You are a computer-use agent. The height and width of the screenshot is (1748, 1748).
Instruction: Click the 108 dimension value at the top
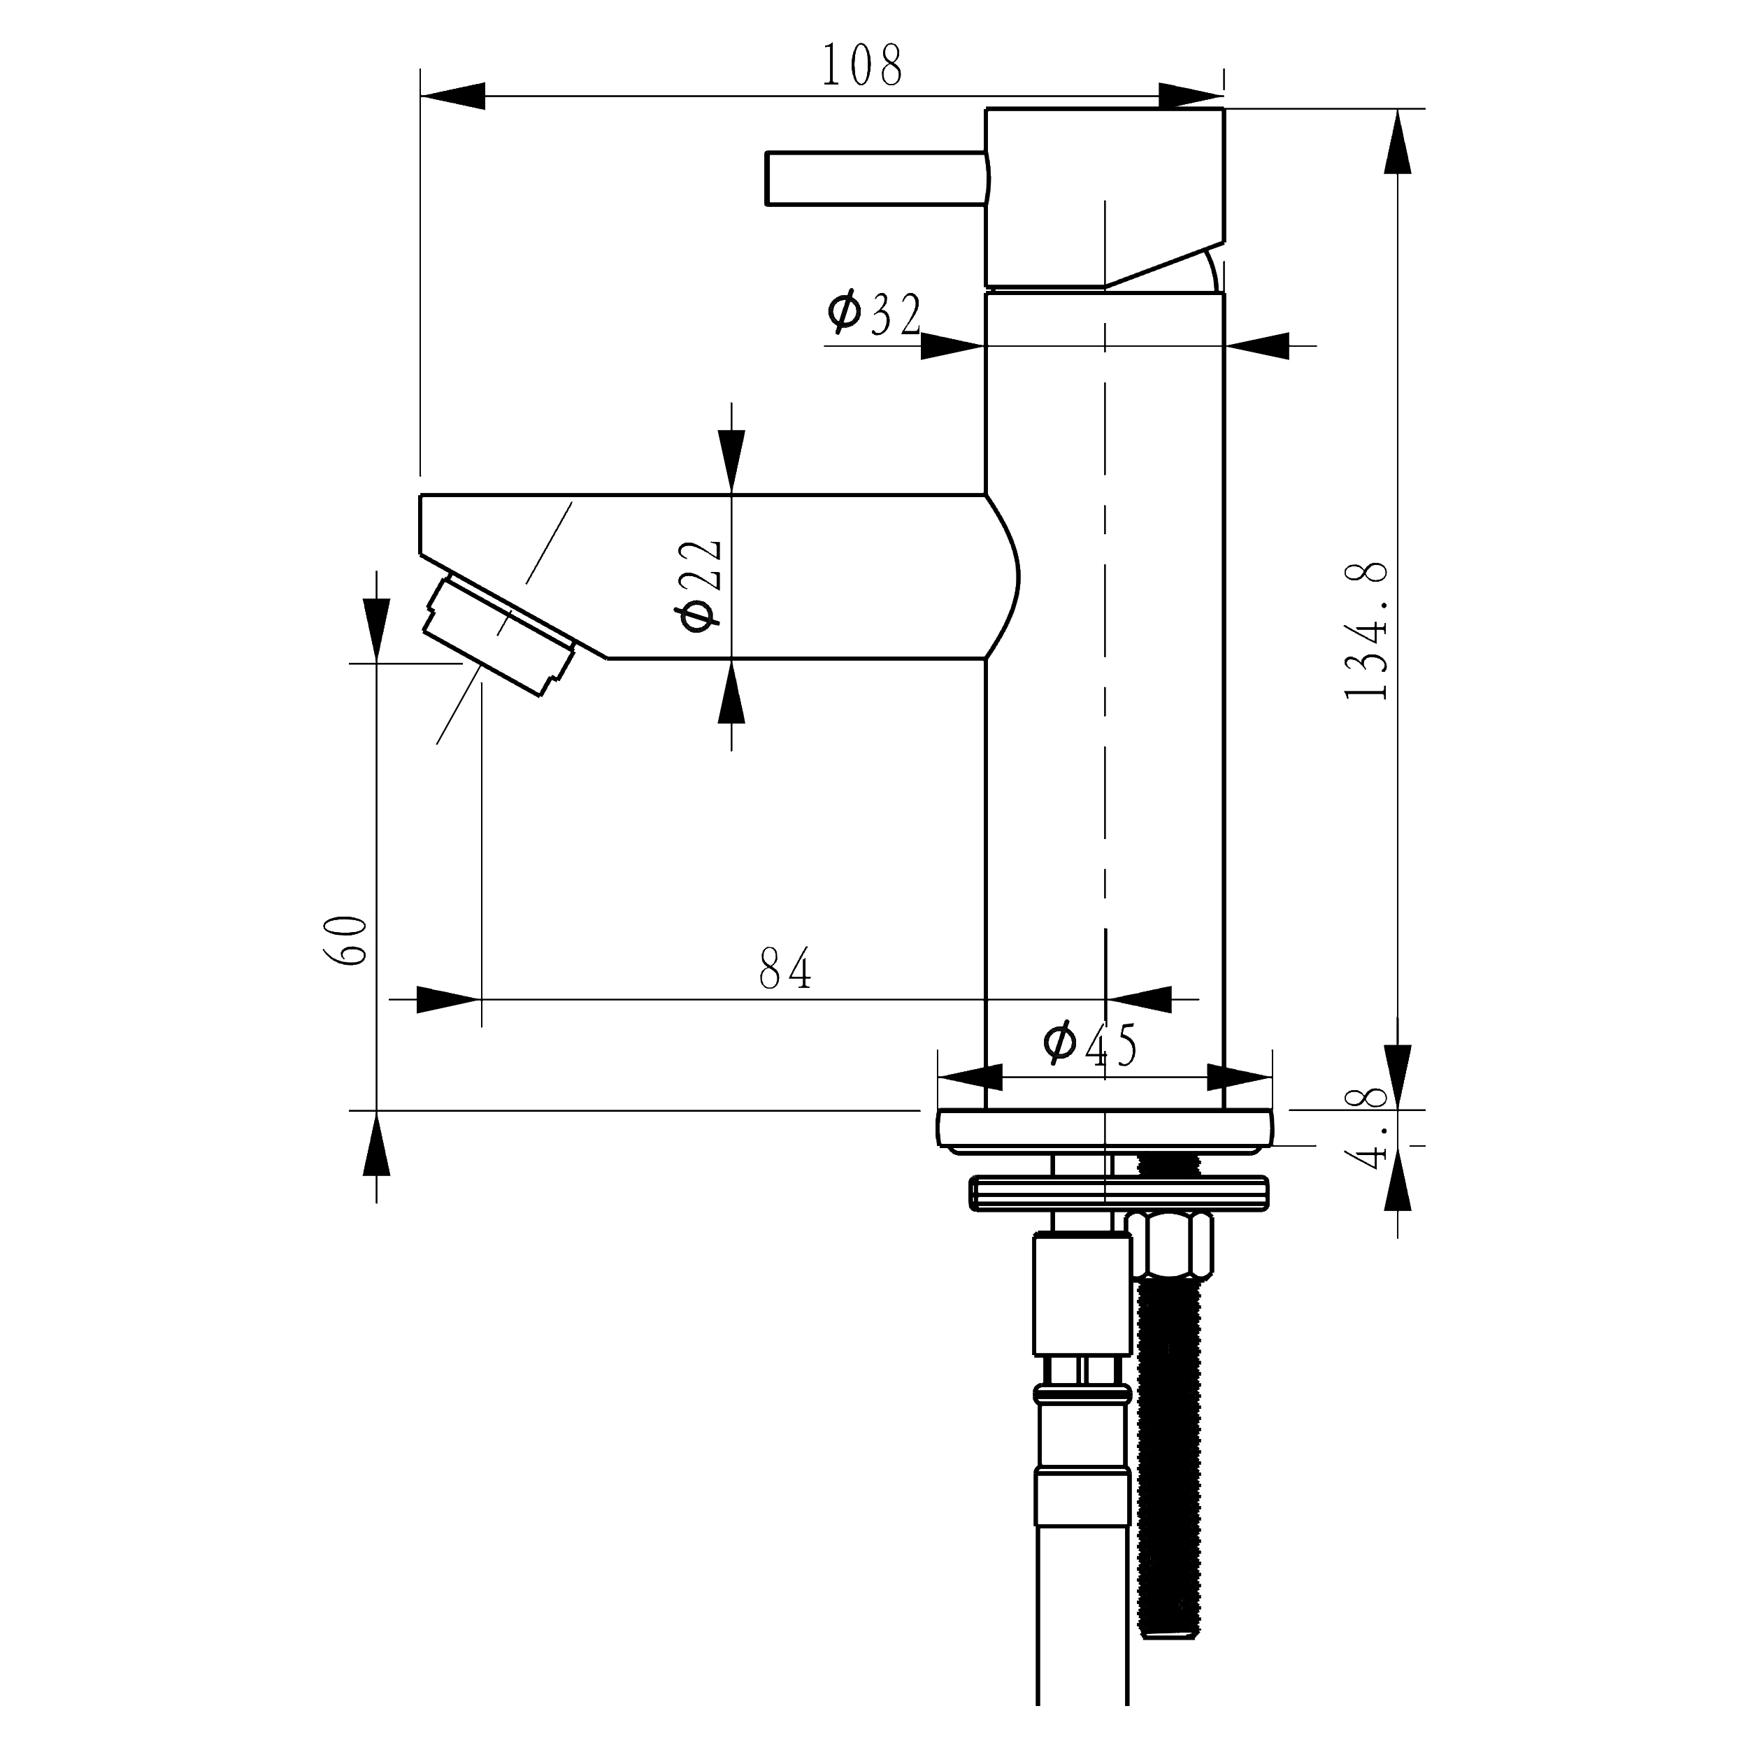(861, 66)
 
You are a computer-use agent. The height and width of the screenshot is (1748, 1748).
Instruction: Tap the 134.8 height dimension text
(1366, 631)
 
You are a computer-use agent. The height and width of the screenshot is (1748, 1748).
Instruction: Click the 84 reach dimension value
(785, 969)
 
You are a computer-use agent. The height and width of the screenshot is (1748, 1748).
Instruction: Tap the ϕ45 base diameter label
(1090, 1045)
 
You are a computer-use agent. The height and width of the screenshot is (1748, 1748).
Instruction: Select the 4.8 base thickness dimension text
(1366, 1129)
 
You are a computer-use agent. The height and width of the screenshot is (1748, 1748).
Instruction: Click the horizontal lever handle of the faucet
(877, 178)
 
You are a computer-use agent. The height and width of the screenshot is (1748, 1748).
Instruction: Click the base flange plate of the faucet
(1105, 1131)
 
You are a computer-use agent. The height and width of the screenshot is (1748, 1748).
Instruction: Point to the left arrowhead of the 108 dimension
(452, 95)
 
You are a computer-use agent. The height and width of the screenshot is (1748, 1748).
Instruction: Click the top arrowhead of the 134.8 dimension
(1398, 141)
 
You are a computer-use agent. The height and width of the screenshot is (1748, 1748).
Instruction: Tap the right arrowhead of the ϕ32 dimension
(1256, 345)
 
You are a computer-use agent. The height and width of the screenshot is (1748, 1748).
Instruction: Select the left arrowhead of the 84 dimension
(449, 1000)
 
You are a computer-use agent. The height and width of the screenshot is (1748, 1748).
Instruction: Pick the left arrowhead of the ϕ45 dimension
(970, 1077)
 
